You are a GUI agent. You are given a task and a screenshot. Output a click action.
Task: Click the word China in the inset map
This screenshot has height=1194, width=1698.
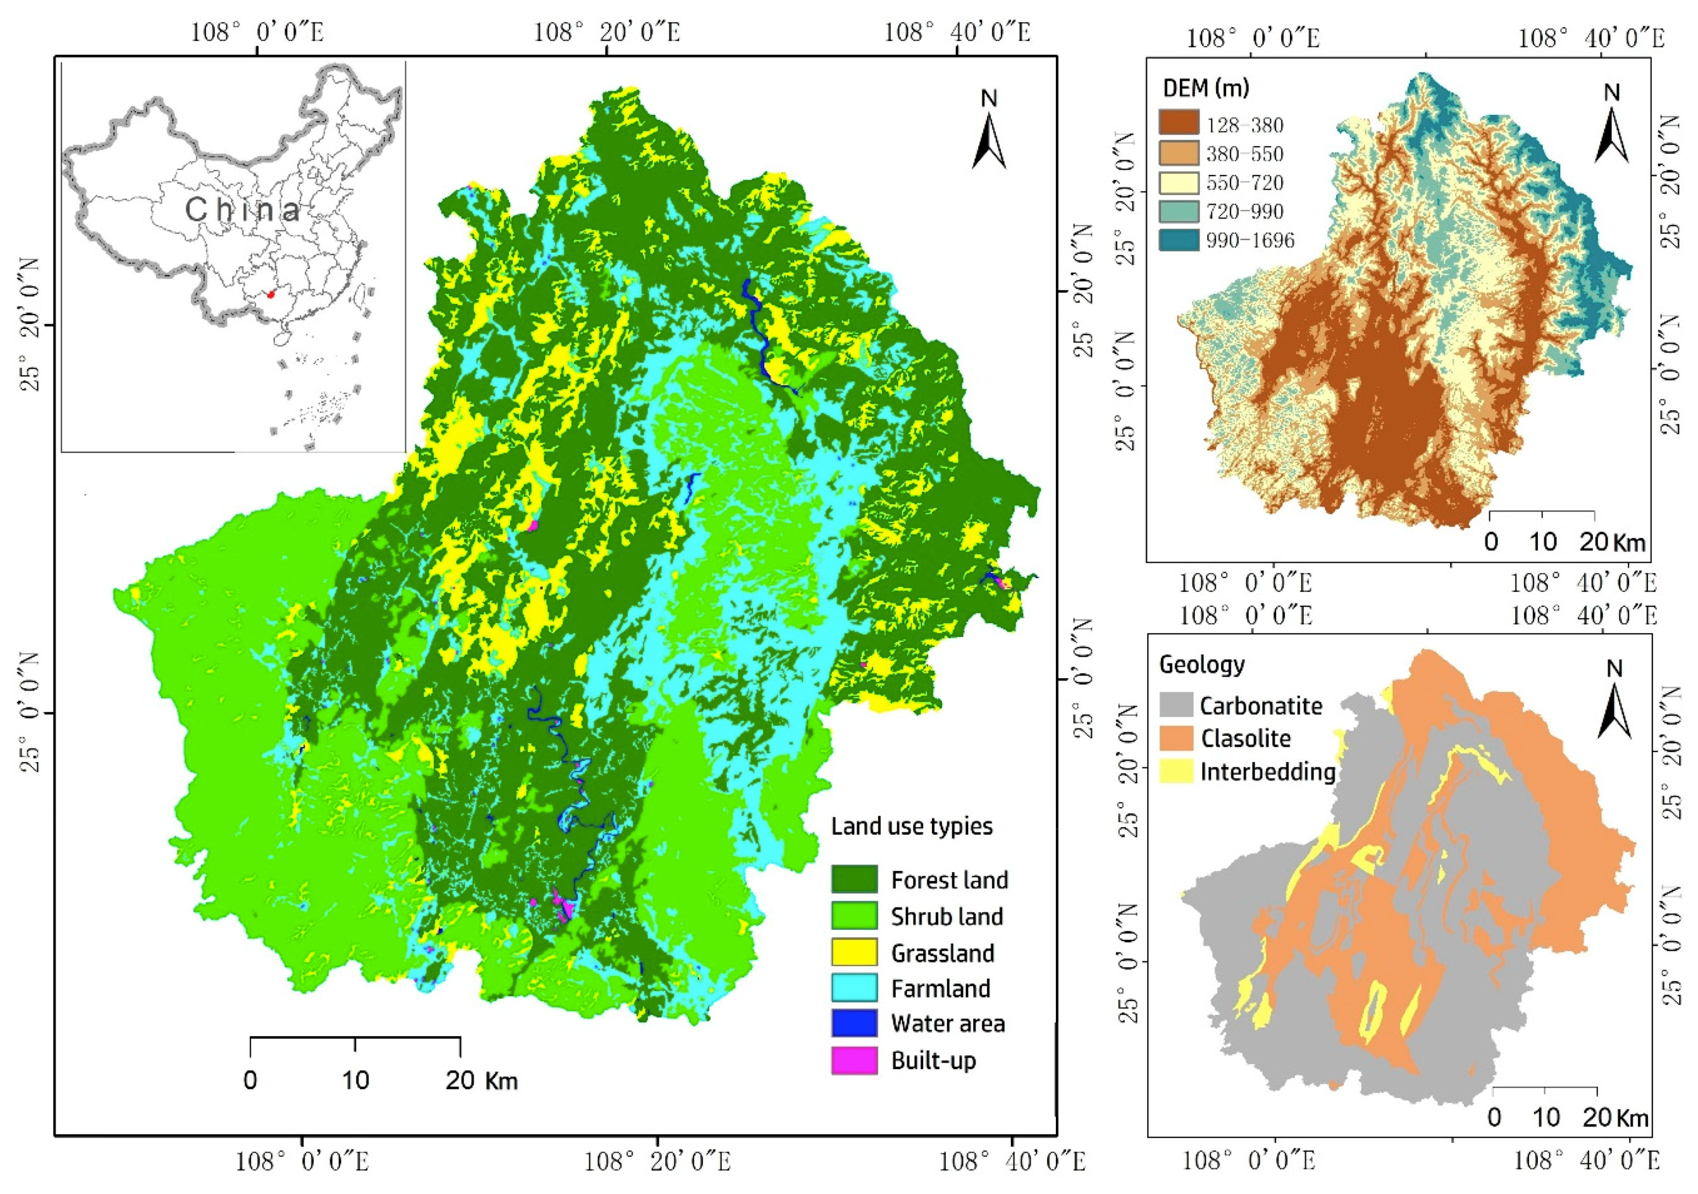pyautogui.click(x=243, y=210)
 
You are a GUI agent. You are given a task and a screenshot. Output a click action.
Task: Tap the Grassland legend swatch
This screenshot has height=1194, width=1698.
pyautogui.click(x=854, y=952)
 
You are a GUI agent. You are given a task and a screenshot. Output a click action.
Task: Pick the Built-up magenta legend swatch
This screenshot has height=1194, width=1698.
pyautogui.click(x=854, y=1060)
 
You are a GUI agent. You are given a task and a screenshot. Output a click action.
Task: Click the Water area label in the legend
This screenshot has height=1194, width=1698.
pyautogui.click(x=947, y=1024)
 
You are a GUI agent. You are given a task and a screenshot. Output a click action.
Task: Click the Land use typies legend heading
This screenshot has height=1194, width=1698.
pyautogui.click(x=911, y=826)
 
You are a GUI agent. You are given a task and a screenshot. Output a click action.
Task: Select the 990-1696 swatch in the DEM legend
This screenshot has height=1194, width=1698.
pyautogui.click(x=1179, y=240)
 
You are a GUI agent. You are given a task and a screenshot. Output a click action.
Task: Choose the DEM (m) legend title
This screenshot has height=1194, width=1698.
pyautogui.click(x=1205, y=89)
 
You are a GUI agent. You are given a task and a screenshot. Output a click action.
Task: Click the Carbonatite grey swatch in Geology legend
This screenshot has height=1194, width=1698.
pyautogui.click(x=1176, y=705)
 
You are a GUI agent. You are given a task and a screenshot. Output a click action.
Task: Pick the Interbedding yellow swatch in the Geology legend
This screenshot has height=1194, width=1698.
pyautogui.click(x=1176, y=772)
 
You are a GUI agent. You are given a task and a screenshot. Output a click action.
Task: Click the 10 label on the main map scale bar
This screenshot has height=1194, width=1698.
pyautogui.click(x=355, y=1081)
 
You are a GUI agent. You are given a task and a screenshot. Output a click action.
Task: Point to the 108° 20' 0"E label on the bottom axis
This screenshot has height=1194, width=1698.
pyautogui.click(x=657, y=1161)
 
